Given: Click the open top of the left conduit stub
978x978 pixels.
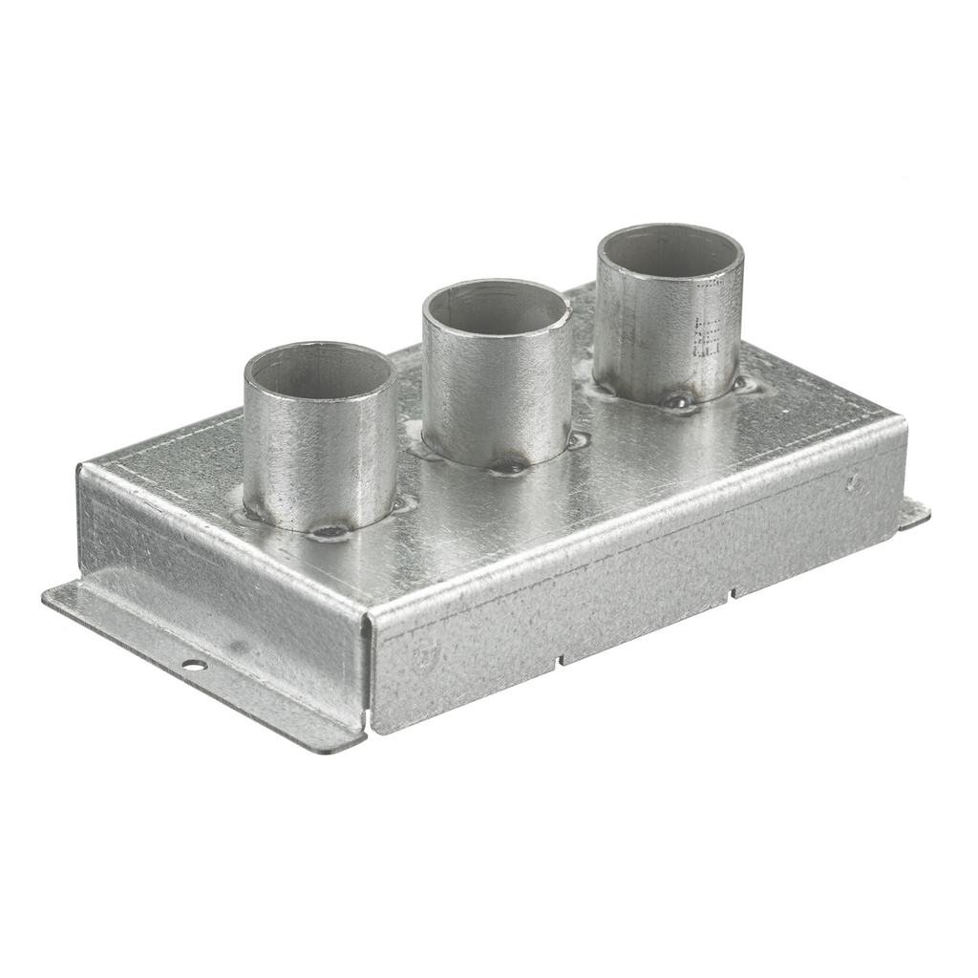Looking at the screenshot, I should tap(319, 371).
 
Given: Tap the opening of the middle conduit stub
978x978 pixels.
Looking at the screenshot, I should tap(497, 308).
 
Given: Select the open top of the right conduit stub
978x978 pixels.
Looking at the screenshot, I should tap(670, 250).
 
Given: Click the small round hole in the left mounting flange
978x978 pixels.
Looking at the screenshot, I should tap(194, 665).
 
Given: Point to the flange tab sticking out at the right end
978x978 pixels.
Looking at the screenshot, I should tap(915, 514).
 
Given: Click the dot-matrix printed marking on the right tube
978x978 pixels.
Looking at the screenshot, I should tap(708, 325).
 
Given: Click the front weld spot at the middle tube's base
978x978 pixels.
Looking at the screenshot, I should tap(507, 467).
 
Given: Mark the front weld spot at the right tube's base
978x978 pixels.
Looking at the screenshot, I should tap(678, 401).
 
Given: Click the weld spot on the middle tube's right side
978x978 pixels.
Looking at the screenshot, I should tap(577, 440).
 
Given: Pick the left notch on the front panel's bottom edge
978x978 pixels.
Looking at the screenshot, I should tap(560, 659).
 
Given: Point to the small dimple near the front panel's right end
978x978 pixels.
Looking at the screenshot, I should tap(853, 484).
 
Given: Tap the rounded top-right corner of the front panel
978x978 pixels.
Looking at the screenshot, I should tap(901, 420).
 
